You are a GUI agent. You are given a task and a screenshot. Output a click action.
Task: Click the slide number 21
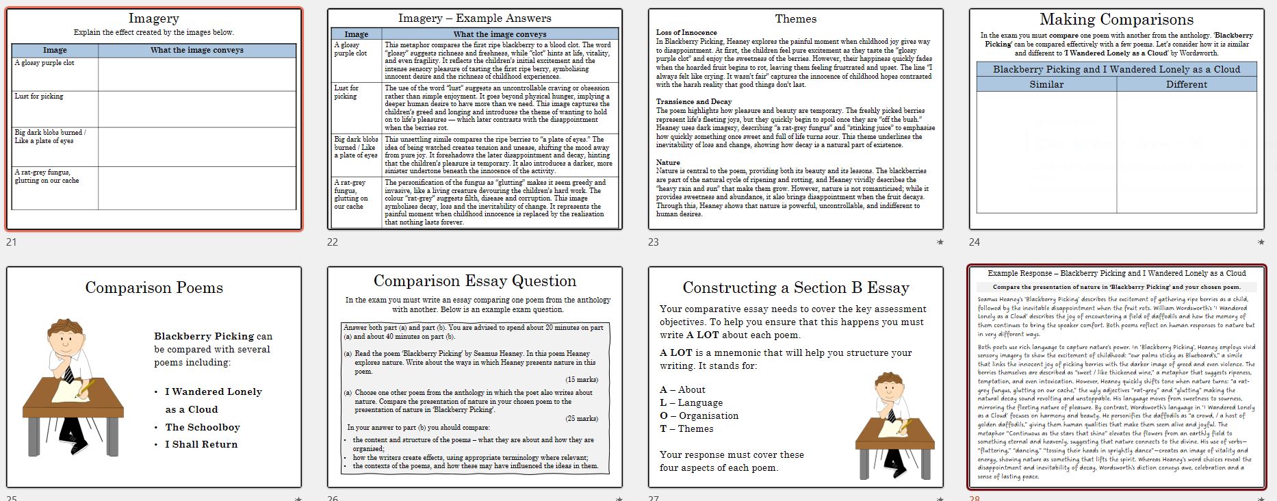pyautogui.click(x=11, y=242)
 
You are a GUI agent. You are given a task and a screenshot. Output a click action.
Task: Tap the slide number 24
pyautogui.click(x=975, y=242)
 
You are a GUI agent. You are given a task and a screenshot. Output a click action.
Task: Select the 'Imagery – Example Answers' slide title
pyautogui.click(x=474, y=18)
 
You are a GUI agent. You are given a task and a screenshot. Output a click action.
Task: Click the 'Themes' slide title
pyautogui.click(x=795, y=19)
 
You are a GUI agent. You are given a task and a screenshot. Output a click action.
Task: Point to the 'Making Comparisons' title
pyautogui.click(x=1116, y=20)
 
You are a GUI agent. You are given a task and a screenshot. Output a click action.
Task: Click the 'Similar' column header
pyautogui.click(x=1046, y=85)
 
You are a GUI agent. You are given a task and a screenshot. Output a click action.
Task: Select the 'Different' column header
pyautogui.click(x=1186, y=85)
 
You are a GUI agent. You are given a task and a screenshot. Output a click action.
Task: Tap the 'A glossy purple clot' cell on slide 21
pyautogui.click(x=45, y=63)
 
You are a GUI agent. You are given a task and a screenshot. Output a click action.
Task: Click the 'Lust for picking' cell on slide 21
pyautogui.click(x=39, y=97)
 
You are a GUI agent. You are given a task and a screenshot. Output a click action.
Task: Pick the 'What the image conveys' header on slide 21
pyautogui.click(x=197, y=50)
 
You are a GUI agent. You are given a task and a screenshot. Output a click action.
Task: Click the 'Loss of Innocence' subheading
pyautogui.click(x=686, y=32)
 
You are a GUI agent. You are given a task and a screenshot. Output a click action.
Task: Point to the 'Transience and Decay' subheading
pyautogui.click(x=693, y=102)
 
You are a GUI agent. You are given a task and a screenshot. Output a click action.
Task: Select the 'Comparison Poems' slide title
pyautogui.click(x=154, y=287)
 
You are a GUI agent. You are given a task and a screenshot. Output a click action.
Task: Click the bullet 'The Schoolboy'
pyautogui.click(x=203, y=427)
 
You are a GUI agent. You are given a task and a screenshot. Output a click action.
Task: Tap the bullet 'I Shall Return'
pyautogui.click(x=201, y=444)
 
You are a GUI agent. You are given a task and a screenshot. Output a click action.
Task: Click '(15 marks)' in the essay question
pyautogui.click(x=581, y=380)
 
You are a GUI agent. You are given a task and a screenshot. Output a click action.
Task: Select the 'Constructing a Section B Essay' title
pyautogui.click(x=795, y=287)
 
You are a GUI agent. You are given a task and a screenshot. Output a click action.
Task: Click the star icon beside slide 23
pyautogui.click(x=940, y=242)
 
